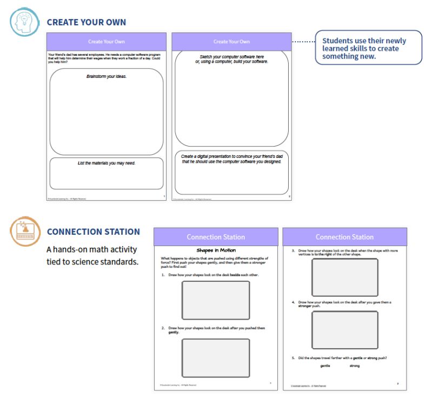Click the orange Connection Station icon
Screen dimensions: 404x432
(23, 230)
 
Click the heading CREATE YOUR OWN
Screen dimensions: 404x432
(86, 22)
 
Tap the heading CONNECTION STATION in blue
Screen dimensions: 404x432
(93, 231)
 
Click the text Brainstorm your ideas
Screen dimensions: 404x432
(107, 77)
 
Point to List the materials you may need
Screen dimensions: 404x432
(107, 163)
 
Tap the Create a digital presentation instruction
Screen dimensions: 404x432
(231, 159)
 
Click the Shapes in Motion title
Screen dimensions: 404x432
(215, 251)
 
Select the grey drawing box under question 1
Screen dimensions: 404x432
(215, 300)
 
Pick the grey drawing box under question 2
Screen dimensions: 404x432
(215, 357)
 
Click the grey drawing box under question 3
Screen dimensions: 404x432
(344, 277)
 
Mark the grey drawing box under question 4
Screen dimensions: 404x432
(344, 330)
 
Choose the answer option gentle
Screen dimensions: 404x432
(325, 366)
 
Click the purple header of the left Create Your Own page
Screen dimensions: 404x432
(107, 42)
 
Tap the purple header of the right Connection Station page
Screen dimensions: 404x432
(344, 237)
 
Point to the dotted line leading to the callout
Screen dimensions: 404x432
(303, 42)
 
